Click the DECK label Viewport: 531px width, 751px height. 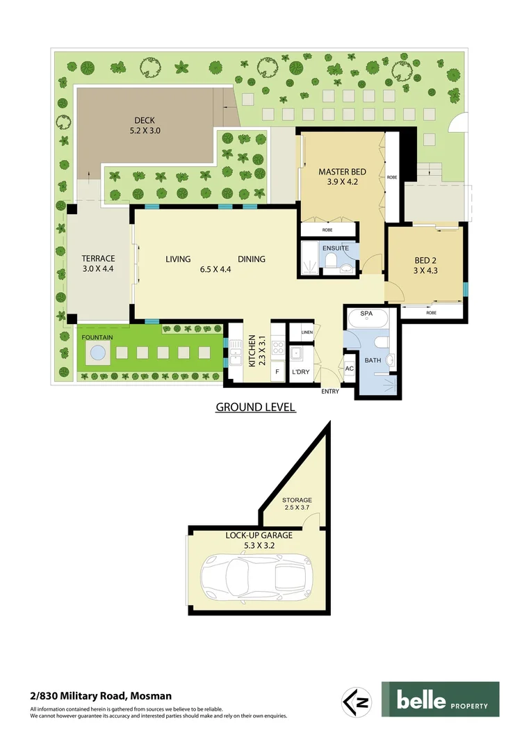[145, 120]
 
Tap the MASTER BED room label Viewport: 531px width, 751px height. [342, 172]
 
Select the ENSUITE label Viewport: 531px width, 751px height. [335, 248]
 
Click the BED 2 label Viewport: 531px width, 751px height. [425, 261]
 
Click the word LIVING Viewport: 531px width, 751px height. [178, 259]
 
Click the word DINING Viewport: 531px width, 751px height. [252, 259]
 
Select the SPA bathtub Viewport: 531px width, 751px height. [366, 318]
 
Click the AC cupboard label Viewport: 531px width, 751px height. [350, 369]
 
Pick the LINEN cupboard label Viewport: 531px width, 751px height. [307, 333]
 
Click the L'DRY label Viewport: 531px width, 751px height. [301, 372]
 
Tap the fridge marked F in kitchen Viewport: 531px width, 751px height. [277, 372]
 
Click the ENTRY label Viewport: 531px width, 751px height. [330, 391]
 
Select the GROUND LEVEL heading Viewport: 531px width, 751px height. [256, 407]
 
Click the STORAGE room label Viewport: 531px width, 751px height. [297, 500]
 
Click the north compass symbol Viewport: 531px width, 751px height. [356, 701]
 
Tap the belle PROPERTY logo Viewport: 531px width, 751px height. [440, 700]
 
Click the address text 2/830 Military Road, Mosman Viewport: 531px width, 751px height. [101, 695]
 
